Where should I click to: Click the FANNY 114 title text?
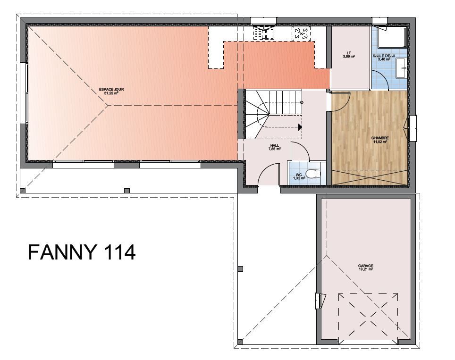(x=82, y=252)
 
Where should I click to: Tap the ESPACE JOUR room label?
(x=111, y=90)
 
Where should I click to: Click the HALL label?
(x=275, y=146)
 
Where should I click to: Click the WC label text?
(x=299, y=175)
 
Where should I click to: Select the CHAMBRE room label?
(x=380, y=138)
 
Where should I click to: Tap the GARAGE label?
(x=366, y=266)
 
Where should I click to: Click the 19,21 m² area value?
(x=366, y=269)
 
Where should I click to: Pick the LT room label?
(x=349, y=53)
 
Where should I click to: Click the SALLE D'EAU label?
(x=384, y=56)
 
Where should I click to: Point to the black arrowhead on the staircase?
(x=300, y=127)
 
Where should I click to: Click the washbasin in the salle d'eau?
(x=402, y=68)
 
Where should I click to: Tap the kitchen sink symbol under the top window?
(x=264, y=33)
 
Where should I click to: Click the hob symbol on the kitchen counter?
(x=301, y=34)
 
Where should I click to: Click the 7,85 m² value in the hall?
(x=275, y=149)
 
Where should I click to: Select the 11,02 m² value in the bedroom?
(x=380, y=142)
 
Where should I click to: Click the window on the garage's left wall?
(x=319, y=301)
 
